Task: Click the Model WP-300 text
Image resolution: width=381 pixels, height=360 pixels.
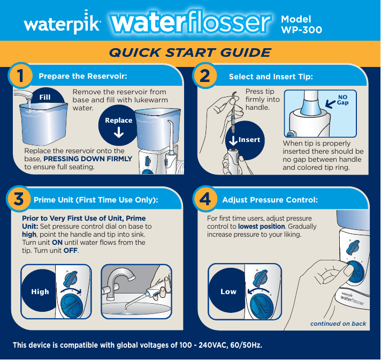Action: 301,25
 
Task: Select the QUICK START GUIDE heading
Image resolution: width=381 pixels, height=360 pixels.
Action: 189,52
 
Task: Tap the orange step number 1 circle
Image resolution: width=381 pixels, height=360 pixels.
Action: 20,77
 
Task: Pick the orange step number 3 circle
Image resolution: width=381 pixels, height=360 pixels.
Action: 19,200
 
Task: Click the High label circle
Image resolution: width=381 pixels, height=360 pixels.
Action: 40,292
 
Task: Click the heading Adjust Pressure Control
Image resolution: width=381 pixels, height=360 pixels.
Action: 270,200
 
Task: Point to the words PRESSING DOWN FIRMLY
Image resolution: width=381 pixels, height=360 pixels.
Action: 87,159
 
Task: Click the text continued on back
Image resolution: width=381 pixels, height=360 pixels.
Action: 338,324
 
